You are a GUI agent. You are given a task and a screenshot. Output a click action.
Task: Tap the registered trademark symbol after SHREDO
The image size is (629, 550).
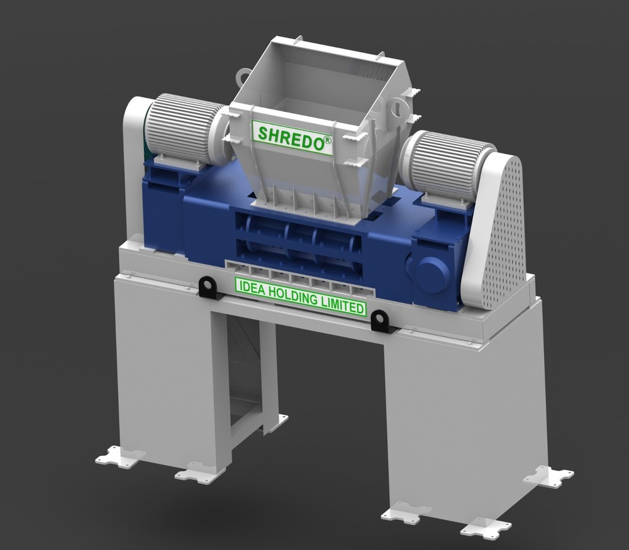click(328, 143)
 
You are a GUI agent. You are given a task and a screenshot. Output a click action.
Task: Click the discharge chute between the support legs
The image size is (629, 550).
click(245, 377)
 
